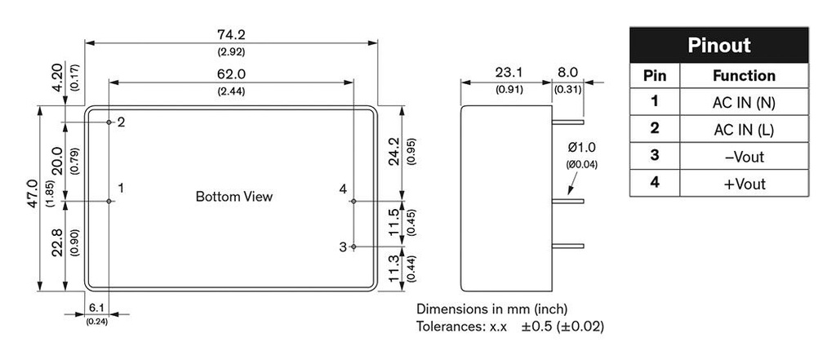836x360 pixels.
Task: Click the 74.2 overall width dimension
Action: [231, 34]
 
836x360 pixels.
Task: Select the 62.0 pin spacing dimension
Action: [231, 74]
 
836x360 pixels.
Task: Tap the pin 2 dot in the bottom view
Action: [109, 122]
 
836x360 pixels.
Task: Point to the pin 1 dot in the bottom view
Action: [109, 201]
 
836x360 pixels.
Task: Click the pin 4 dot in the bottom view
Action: [354, 201]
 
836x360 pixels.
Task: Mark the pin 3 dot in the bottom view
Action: [354, 247]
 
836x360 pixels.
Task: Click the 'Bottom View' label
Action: [234, 196]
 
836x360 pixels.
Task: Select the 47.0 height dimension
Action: [32, 193]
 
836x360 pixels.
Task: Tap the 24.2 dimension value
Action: [394, 152]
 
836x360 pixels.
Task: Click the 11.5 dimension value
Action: [394, 222]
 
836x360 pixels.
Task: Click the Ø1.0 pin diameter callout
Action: [581, 147]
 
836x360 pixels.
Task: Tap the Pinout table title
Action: [718, 46]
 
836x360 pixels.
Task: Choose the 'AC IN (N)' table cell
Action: [744, 102]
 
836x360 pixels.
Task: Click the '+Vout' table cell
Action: [744, 184]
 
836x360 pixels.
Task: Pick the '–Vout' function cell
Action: [744, 156]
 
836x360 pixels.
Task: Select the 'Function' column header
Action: [744, 76]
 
